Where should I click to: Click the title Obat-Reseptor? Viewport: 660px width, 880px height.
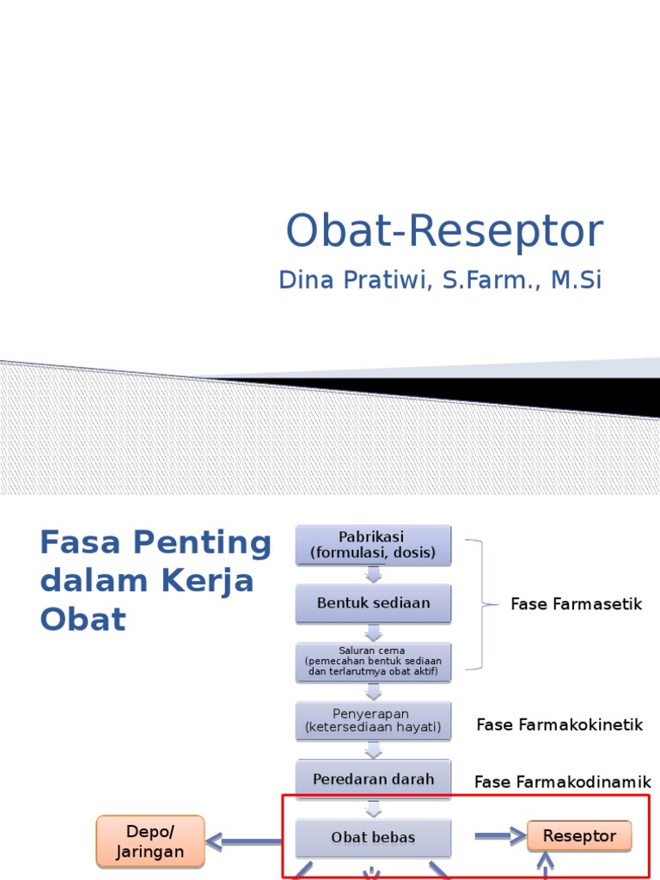click(444, 231)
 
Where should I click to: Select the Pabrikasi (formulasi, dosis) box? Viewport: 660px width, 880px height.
click(373, 545)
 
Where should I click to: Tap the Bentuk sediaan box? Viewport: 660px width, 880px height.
click(373, 603)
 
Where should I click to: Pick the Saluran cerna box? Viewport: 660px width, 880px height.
click(373, 662)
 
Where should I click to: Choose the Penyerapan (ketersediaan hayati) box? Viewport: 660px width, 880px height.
click(373, 721)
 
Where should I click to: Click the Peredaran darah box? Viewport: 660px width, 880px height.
click(373, 779)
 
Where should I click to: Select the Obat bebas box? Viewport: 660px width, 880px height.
click(373, 837)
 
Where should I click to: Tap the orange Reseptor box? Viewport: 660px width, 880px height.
click(579, 836)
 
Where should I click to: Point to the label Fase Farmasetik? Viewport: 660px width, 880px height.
click(576, 604)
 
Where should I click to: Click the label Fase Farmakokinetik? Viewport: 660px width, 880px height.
click(559, 724)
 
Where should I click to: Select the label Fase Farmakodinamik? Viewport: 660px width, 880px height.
click(562, 782)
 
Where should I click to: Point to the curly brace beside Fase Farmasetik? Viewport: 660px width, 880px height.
click(482, 604)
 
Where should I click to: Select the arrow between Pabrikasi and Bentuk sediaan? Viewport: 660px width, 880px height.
click(373, 574)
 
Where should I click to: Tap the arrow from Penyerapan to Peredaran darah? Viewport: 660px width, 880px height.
click(373, 750)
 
